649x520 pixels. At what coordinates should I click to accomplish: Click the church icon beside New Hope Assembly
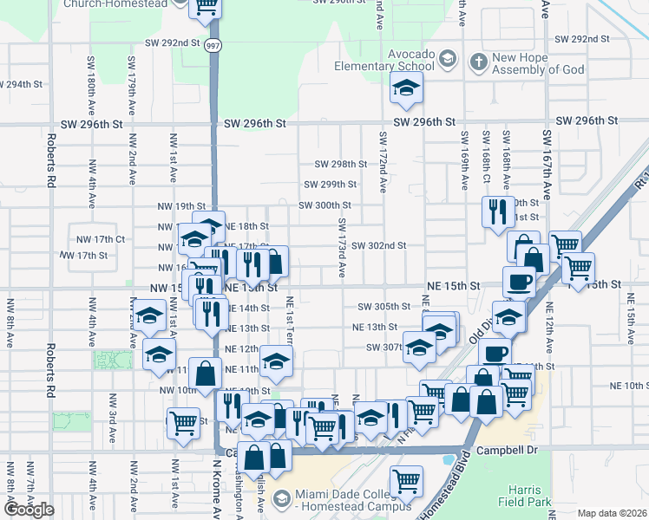coord(478,62)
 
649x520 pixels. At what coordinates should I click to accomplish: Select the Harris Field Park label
coord(524,493)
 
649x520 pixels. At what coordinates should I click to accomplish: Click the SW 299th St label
coord(330,185)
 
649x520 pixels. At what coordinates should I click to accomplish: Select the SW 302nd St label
coord(378,245)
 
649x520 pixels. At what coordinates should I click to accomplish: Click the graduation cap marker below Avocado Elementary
coord(403,87)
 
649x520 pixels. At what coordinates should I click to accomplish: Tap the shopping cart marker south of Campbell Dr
coord(406,479)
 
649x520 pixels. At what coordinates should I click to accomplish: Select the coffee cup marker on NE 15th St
coord(519,282)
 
